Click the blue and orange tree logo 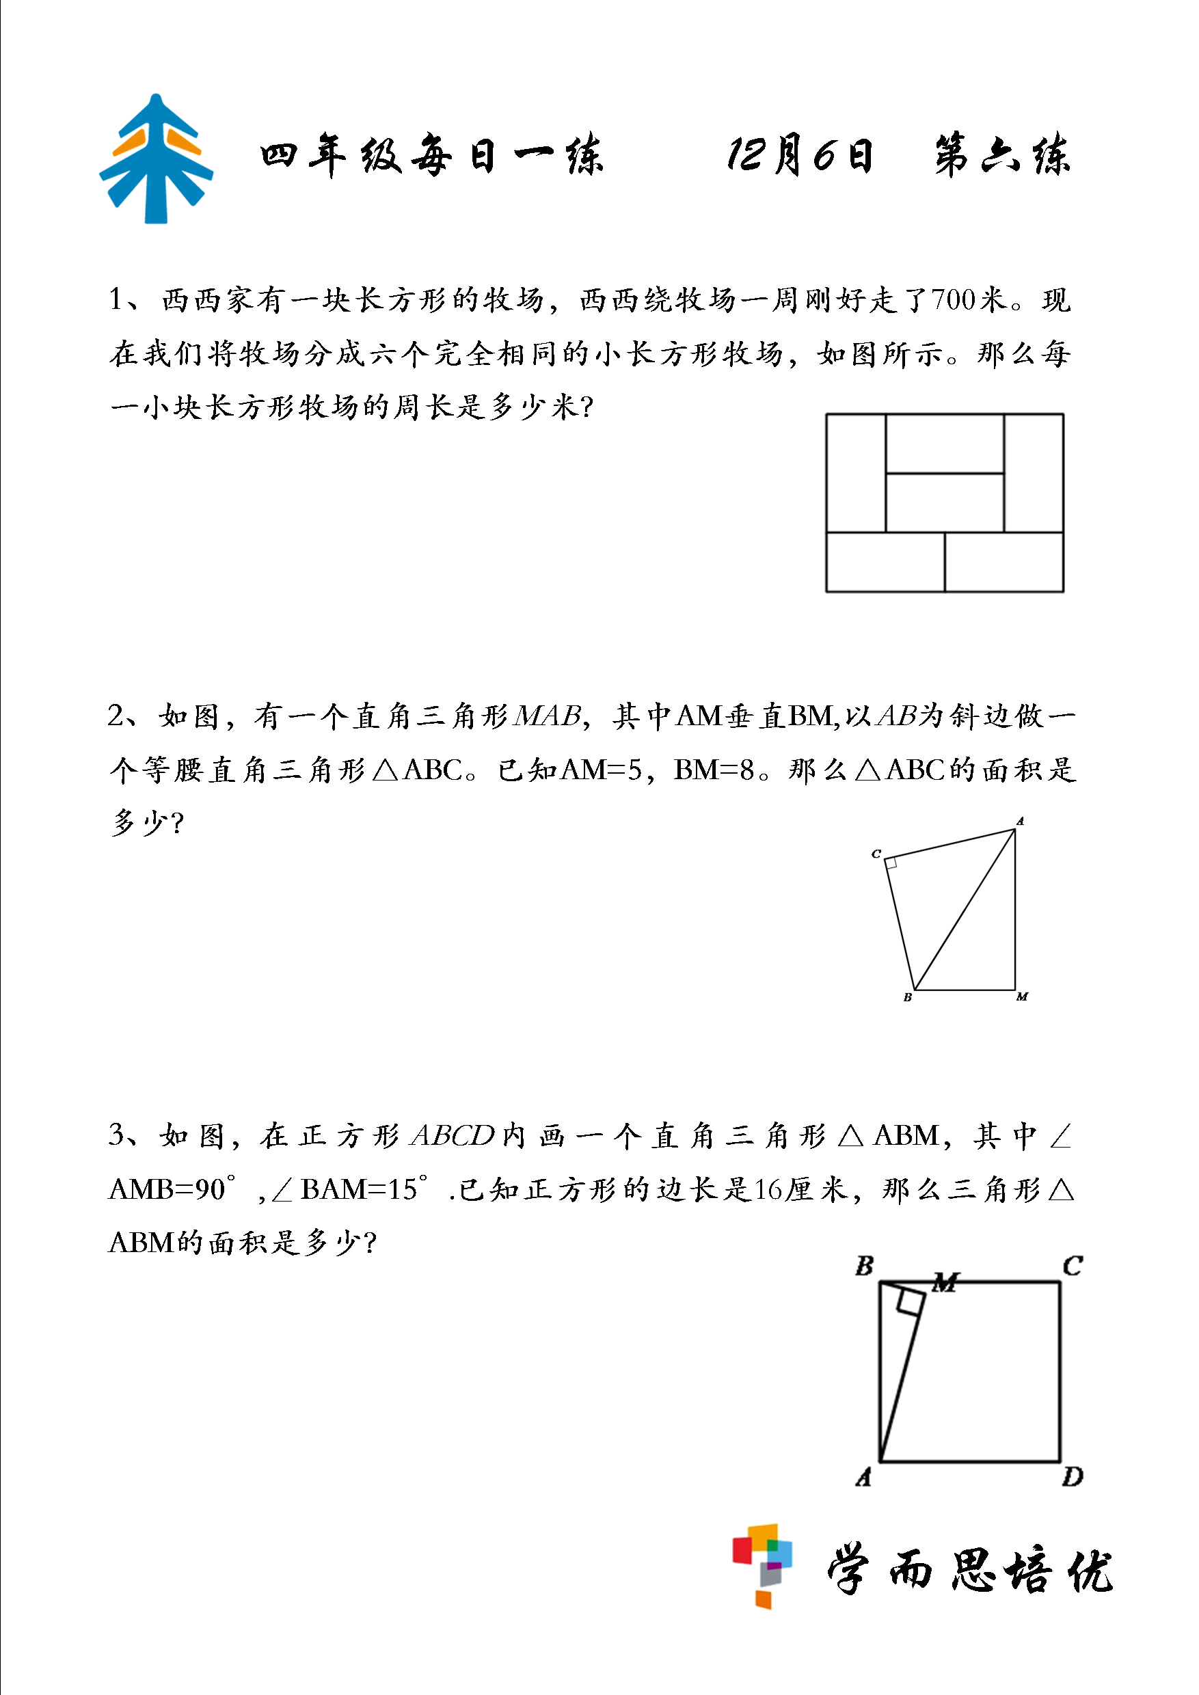pyautogui.click(x=156, y=159)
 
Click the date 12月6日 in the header pyautogui.click(x=800, y=156)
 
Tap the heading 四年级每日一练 pyautogui.click(x=431, y=156)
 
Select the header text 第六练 pyautogui.click(x=1002, y=156)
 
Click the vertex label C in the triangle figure pyautogui.click(x=876, y=854)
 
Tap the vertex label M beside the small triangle pyautogui.click(x=1022, y=997)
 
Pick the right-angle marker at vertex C pyautogui.click(x=891, y=863)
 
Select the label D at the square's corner pyautogui.click(x=1072, y=1477)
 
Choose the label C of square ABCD pyautogui.click(x=1072, y=1266)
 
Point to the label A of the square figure pyautogui.click(x=864, y=1477)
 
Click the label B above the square pyautogui.click(x=864, y=1266)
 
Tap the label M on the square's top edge pyautogui.click(x=945, y=1282)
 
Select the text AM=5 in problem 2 pyautogui.click(x=602, y=770)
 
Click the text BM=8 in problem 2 pyautogui.click(x=714, y=770)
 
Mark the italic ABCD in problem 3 pyautogui.click(x=452, y=1135)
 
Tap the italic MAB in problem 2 pyautogui.click(x=548, y=716)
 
